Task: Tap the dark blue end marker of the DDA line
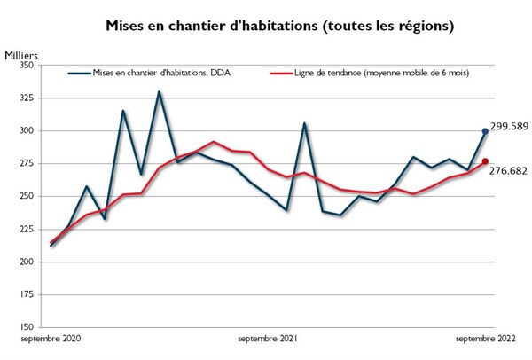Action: click(x=485, y=131)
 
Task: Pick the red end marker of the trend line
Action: click(x=485, y=161)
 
